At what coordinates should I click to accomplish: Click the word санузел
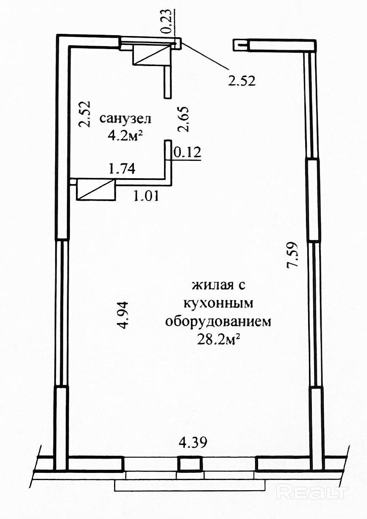(x=125, y=119)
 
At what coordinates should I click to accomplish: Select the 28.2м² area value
(x=218, y=340)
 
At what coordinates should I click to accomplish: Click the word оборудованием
(x=218, y=322)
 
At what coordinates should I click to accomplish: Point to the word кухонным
(x=218, y=304)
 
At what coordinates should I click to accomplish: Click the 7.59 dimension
(x=292, y=255)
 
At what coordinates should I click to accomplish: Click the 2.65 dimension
(x=183, y=119)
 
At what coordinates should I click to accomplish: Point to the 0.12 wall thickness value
(x=187, y=152)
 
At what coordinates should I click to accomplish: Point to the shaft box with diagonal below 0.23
(x=151, y=55)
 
